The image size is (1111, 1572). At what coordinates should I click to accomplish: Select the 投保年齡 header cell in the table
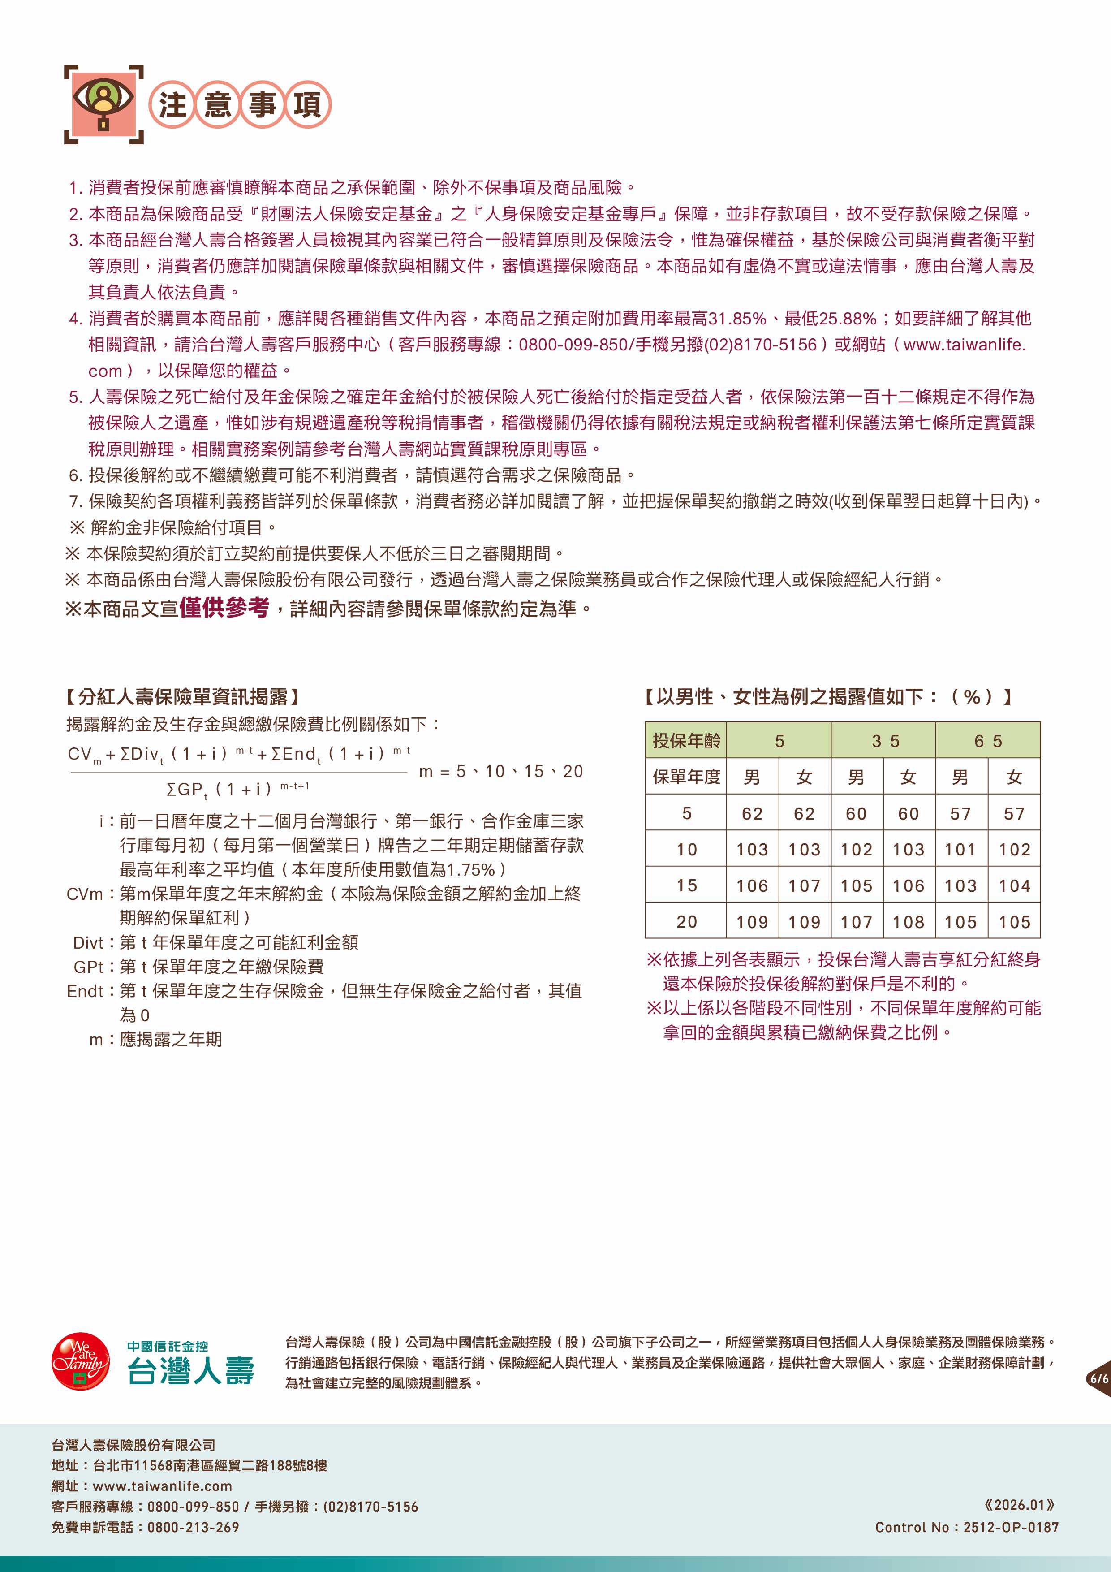point(686,740)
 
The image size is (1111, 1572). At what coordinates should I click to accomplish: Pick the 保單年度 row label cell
point(686,777)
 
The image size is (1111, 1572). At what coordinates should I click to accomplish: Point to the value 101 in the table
point(960,850)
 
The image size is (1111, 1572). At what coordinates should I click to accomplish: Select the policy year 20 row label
point(686,922)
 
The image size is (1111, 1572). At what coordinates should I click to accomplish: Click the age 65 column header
point(988,740)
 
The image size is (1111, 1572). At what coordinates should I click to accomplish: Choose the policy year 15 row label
point(686,886)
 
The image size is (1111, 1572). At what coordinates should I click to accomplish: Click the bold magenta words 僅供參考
point(224,607)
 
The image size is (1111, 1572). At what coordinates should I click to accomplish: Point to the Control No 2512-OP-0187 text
point(967,1527)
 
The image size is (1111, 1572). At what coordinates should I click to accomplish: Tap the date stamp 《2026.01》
point(1019,1504)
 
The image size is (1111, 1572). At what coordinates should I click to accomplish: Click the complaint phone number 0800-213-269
point(193,1527)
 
